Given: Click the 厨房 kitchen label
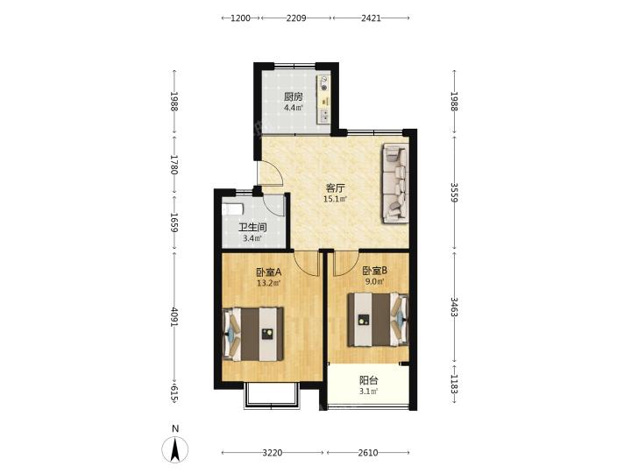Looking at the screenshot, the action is pyautogui.click(x=293, y=96).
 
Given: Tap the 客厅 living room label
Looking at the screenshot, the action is pyautogui.click(x=335, y=187).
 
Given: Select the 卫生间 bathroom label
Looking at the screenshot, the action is pyautogui.click(x=252, y=228).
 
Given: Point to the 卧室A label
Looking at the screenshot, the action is pyautogui.click(x=269, y=272).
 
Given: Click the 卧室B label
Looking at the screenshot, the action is pyautogui.click(x=374, y=271).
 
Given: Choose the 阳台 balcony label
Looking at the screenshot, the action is pyautogui.click(x=368, y=380).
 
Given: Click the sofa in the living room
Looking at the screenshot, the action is pyautogui.click(x=395, y=183).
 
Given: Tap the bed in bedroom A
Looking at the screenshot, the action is pyautogui.click(x=253, y=335).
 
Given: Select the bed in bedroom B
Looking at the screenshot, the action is pyautogui.click(x=379, y=320).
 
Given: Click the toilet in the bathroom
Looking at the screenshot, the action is pyautogui.click(x=233, y=209).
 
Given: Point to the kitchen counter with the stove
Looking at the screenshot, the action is pyautogui.click(x=324, y=99).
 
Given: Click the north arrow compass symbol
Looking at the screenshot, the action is pyautogui.click(x=175, y=449).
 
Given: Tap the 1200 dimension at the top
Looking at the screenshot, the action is pyautogui.click(x=241, y=18).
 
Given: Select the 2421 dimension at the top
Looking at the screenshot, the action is pyautogui.click(x=371, y=18).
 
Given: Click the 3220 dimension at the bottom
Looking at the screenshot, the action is pyautogui.click(x=273, y=453).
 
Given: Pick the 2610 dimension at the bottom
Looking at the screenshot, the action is pyautogui.click(x=368, y=453).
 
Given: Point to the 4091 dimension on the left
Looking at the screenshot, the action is pyautogui.click(x=174, y=317).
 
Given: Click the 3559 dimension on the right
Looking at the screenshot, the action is pyautogui.click(x=454, y=193).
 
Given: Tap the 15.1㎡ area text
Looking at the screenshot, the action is pyautogui.click(x=335, y=198).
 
